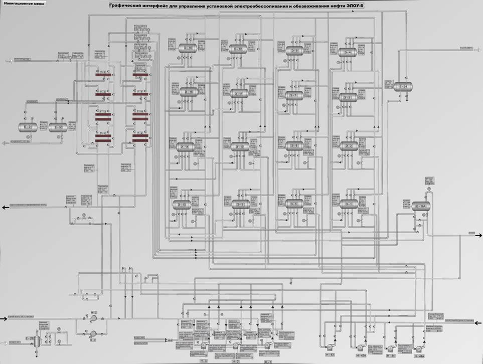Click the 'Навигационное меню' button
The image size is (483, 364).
[x=24, y=4]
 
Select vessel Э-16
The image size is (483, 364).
[x=187, y=48]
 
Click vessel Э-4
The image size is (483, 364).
[x=347, y=52]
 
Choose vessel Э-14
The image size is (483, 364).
[x=185, y=147]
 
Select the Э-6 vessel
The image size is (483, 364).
[x=292, y=146]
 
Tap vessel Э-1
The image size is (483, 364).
[x=347, y=204]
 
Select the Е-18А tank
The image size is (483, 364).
[x=420, y=206]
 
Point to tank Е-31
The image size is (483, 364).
[x=27, y=127]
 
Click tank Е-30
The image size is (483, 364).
[x=58, y=127]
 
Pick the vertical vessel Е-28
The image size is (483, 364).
[x=31, y=339]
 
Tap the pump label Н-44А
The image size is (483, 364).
[x=419, y=356]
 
